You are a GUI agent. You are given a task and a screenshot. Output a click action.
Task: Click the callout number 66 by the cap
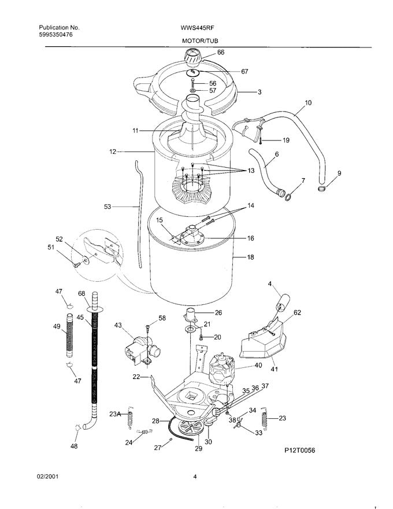click(221, 52)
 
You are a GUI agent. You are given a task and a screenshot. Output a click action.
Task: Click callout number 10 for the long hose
click(308, 102)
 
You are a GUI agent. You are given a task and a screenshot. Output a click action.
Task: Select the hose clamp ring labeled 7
click(288, 196)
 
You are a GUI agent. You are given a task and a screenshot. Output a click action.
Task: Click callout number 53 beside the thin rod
click(107, 206)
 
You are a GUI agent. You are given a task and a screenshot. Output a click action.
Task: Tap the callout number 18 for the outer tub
click(250, 257)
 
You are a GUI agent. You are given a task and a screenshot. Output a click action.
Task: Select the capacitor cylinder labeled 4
click(283, 300)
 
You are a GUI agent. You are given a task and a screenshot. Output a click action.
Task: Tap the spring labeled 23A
click(130, 418)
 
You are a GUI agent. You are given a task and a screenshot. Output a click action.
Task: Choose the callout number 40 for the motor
click(258, 365)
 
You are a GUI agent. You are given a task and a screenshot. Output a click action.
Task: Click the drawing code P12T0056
click(299, 450)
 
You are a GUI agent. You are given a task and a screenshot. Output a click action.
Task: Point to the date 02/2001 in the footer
click(47, 477)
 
